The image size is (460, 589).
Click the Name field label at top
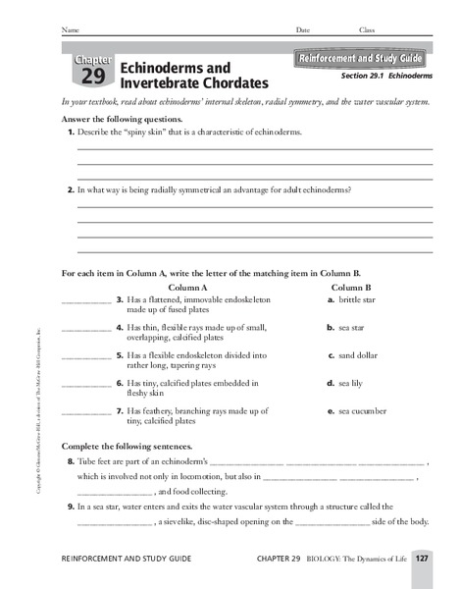pos(69,30)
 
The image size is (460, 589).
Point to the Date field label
pos(302,30)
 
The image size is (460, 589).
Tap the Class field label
pos(366,30)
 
